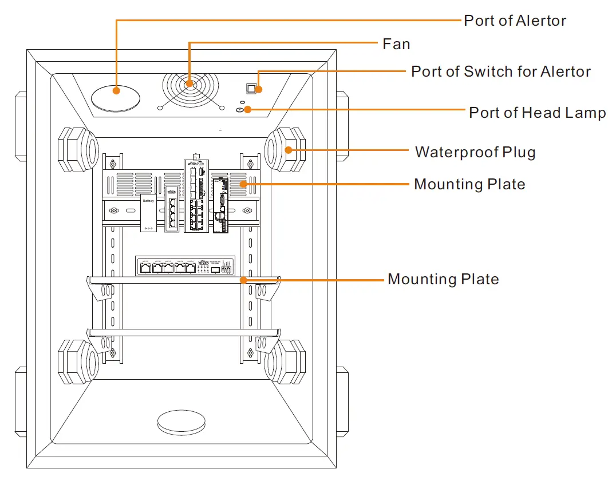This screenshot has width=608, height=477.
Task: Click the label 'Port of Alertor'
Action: (x=515, y=21)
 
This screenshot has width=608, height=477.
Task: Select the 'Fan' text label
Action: (x=396, y=44)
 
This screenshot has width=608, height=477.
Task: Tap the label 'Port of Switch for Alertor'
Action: (x=501, y=71)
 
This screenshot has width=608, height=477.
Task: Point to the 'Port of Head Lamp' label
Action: (x=537, y=113)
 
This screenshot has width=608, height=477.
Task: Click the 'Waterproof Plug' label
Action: (x=475, y=152)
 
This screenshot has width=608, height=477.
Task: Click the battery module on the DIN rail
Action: (x=149, y=213)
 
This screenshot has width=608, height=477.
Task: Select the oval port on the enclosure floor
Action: (x=181, y=423)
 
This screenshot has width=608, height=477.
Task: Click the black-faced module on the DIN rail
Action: (x=220, y=205)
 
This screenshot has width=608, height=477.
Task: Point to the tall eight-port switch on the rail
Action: (x=197, y=197)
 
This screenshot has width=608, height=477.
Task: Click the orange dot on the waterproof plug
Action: (x=289, y=152)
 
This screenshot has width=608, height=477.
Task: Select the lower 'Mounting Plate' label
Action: (x=443, y=279)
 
